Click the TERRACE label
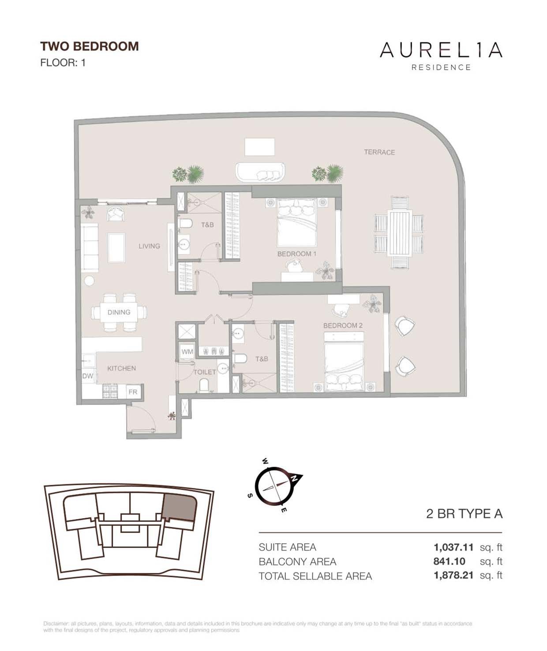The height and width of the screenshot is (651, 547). (379, 152)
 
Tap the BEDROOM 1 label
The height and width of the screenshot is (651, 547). (296, 254)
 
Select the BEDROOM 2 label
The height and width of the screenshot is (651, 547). (343, 325)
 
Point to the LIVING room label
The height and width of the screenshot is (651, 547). (149, 246)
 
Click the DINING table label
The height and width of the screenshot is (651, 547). (119, 312)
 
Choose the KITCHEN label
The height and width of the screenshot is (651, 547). (121, 368)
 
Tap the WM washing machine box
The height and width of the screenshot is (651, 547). (187, 352)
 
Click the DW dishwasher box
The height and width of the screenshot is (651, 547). (88, 376)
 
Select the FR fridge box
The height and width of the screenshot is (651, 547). (133, 392)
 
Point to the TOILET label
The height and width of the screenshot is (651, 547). (205, 372)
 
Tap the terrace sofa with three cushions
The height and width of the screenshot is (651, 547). (260, 172)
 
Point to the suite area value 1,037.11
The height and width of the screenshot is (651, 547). (453, 547)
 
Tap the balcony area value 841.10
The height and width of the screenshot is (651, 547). (449, 561)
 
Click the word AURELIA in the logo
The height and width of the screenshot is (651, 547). (441, 50)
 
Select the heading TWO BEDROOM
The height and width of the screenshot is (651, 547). (90, 46)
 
